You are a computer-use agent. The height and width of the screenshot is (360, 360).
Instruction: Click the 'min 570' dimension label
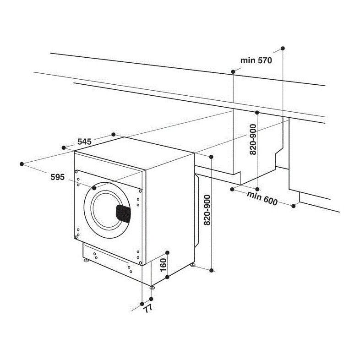(x=256, y=60)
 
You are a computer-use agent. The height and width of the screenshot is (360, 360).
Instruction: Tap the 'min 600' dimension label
(x=262, y=198)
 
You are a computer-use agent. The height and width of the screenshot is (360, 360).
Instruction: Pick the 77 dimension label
(x=147, y=308)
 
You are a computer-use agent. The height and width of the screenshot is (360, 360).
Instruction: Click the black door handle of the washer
(x=122, y=213)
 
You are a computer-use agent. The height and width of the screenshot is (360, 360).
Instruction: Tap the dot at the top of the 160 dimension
(x=168, y=253)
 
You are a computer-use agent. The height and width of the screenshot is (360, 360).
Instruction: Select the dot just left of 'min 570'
(x=233, y=71)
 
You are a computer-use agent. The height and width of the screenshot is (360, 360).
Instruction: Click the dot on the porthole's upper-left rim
(x=94, y=188)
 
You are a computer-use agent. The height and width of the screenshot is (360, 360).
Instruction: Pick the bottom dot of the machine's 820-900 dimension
(x=212, y=270)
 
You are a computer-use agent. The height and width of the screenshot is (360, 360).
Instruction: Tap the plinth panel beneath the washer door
(x=110, y=259)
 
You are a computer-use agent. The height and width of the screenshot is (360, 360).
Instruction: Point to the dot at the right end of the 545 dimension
(x=114, y=134)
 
